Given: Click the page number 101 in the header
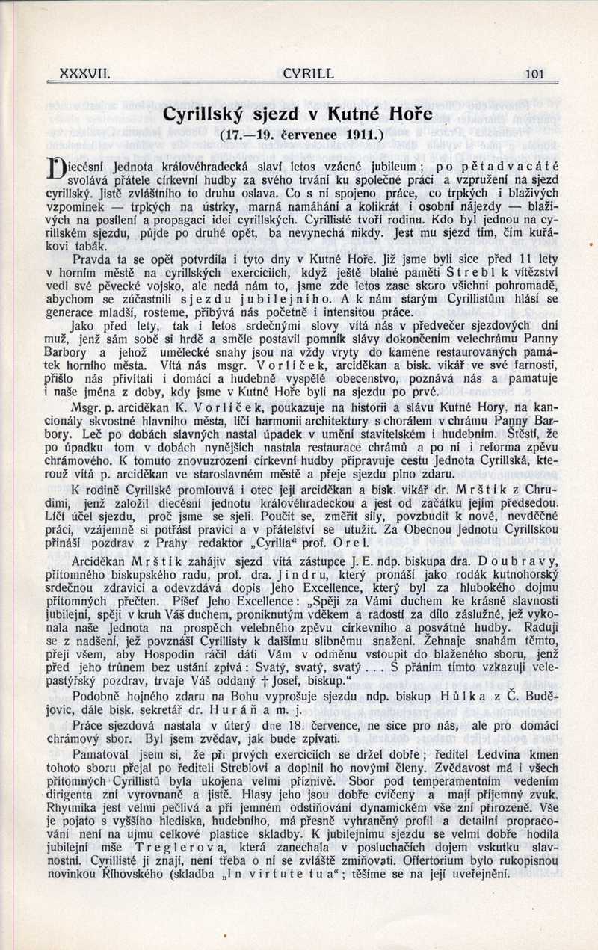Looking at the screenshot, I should pyautogui.click(x=535, y=73).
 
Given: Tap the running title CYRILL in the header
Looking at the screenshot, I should pyautogui.click(x=309, y=73).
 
